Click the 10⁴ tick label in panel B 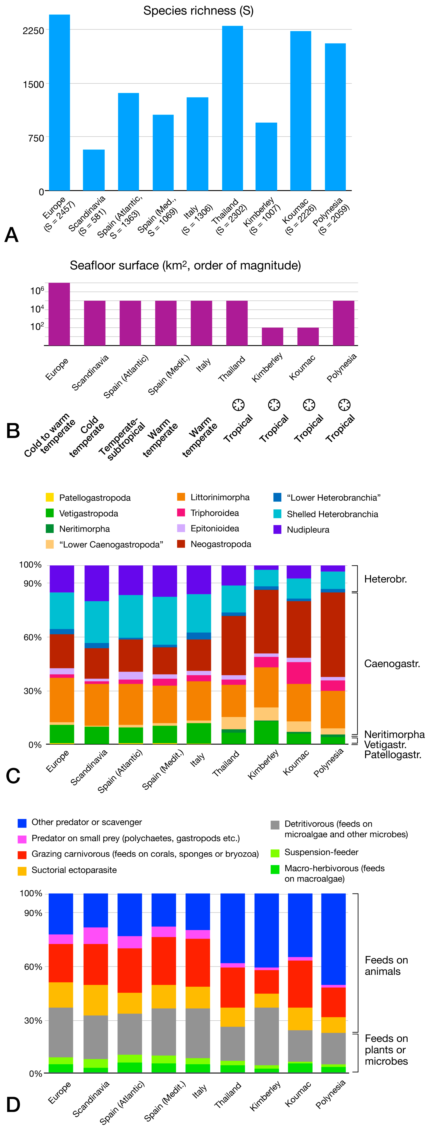tap(37, 309)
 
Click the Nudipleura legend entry tap(308, 529)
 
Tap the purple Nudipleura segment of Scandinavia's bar tap(97, 583)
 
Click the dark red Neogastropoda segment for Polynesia tap(333, 634)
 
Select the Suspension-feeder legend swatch tap(275, 853)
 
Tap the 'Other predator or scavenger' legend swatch tap(22, 822)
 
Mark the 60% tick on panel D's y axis tap(33, 967)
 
